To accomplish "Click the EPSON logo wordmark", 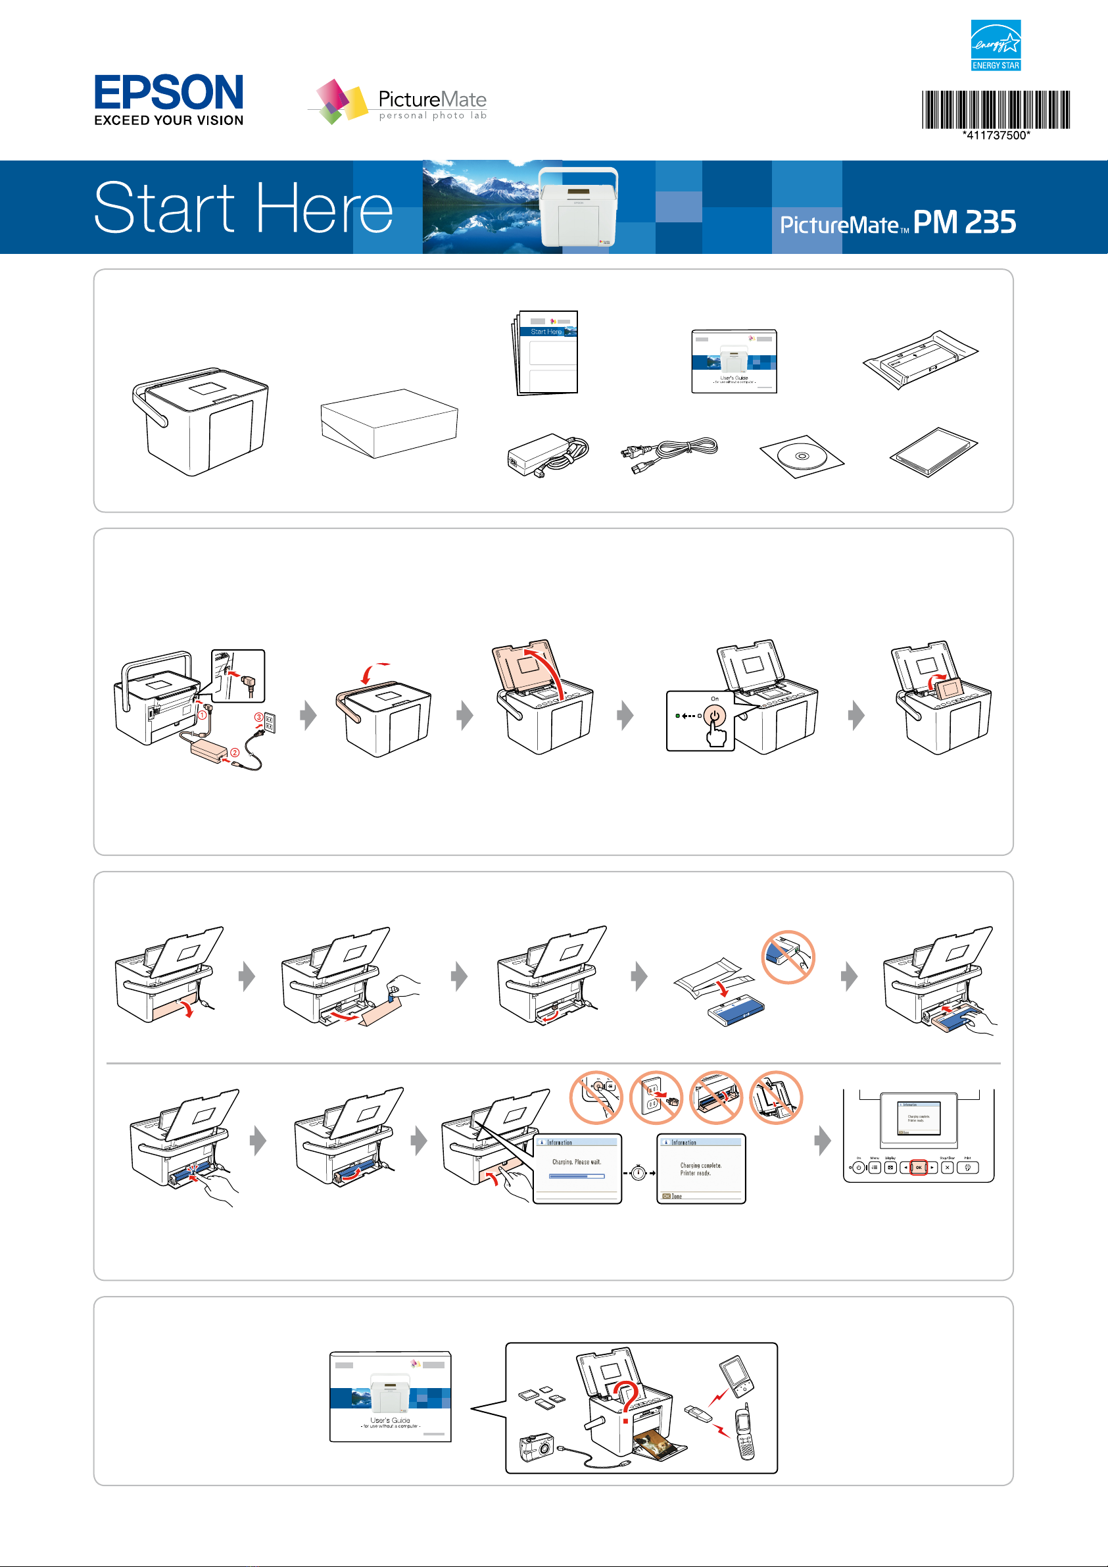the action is tap(168, 93).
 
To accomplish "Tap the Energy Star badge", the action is tap(996, 45).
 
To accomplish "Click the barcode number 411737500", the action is tap(996, 135).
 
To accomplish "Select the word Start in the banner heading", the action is tap(164, 207).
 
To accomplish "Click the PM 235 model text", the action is tap(964, 222).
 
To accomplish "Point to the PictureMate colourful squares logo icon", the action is tap(339, 102).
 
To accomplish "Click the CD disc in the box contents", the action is tap(802, 456).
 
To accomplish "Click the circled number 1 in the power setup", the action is tap(202, 714).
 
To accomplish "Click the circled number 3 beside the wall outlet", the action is tap(258, 716).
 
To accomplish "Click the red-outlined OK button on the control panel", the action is tap(919, 1167).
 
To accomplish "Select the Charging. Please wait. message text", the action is tap(577, 1162).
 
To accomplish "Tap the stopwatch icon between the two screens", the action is tap(638, 1173).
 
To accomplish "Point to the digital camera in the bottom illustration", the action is tap(537, 1446).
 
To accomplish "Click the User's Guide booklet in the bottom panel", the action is tap(390, 1397).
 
